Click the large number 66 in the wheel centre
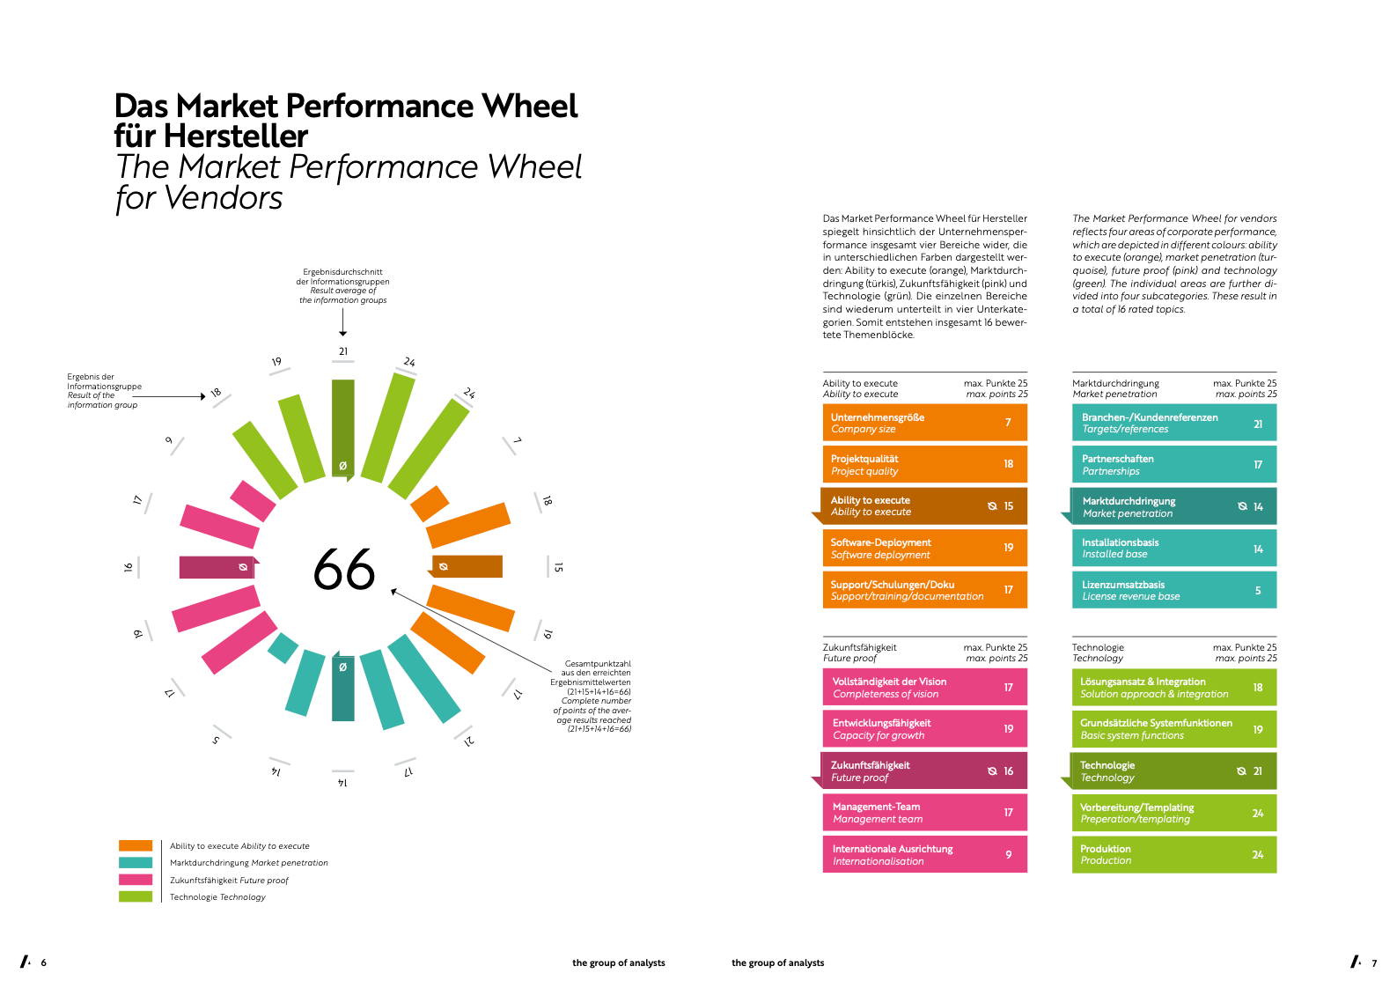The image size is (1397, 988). click(x=343, y=569)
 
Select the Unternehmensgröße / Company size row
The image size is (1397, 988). click(x=924, y=423)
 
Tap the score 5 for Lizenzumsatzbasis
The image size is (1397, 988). click(x=1257, y=590)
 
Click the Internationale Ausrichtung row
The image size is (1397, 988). click(x=924, y=854)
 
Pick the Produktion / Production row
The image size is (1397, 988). click(x=1173, y=854)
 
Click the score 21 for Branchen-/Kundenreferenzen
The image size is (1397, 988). click(x=1257, y=424)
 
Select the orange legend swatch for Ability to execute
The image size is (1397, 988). click(x=136, y=845)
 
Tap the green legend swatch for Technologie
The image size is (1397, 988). click(x=136, y=896)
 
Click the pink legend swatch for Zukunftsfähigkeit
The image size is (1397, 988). click(x=136, y=880)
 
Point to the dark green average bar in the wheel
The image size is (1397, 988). click(x=343, y=429)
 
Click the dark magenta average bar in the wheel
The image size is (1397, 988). click(x=218, y=567)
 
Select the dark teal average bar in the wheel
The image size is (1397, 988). click(x=343, y=686)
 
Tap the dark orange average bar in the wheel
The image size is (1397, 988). click(x=466, y=566)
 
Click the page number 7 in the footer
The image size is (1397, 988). click(x=1374, y=963)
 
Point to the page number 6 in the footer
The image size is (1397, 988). click(x=44, y=962)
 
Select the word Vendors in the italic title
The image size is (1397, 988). click(x=224, y=198)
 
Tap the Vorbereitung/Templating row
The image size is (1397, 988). click(x=1173, y=812)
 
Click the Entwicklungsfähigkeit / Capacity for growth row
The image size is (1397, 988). click(x=924, y=728)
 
